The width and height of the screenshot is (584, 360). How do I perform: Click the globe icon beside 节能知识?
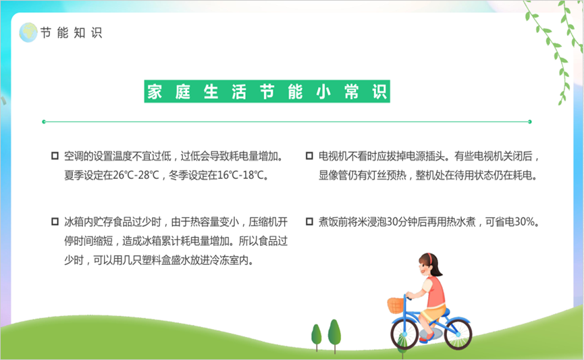28,32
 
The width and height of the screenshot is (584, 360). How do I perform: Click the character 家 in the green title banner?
155,92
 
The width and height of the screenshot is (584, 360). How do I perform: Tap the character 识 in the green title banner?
379,92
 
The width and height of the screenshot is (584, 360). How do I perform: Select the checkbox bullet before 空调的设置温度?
55,156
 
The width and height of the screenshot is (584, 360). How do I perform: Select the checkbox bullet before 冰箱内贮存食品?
55,222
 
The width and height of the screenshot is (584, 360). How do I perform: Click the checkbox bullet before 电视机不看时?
309,156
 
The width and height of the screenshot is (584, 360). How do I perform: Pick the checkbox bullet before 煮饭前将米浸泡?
309,222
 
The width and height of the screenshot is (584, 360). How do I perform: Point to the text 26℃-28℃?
136,175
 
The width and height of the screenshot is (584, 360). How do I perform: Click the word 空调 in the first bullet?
74,156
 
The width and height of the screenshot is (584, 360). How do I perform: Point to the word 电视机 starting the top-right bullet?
333,156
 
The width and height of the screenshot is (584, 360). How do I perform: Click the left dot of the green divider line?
44,122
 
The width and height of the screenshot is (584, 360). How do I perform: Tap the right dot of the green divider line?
529,122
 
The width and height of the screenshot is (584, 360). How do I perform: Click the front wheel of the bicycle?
404,334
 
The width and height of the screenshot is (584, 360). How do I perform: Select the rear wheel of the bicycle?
458,334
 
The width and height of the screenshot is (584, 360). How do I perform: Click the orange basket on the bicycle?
396,305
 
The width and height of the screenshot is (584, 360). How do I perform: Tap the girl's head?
429,265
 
